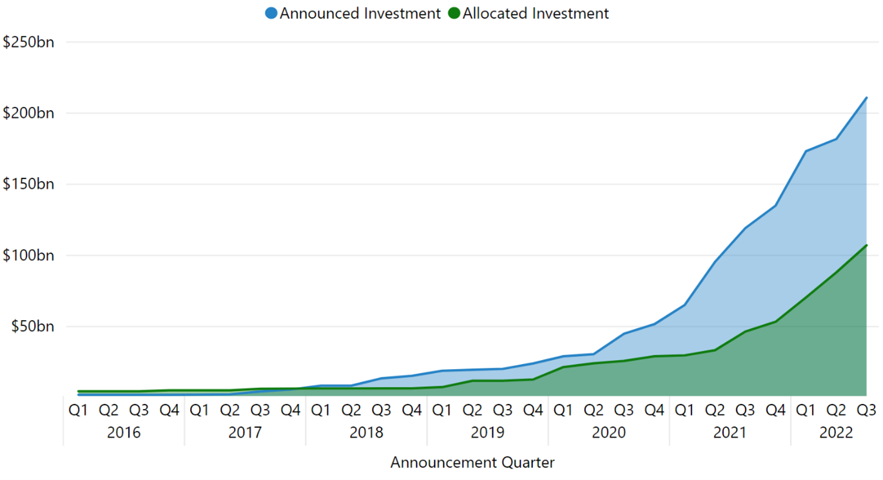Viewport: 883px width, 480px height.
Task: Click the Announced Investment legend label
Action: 360,13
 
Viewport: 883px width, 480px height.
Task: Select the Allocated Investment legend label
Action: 535,13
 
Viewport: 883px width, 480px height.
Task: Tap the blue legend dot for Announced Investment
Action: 271,13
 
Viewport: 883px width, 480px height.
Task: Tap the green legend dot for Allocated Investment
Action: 454,13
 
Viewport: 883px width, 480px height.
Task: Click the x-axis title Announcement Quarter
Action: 472,463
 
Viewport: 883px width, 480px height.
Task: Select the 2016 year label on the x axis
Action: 124,432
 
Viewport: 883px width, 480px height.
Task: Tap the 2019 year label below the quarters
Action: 488,432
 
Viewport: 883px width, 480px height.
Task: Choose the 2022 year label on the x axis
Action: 836,432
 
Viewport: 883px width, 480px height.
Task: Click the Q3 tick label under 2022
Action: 866,410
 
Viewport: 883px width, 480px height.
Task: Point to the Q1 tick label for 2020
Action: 563,410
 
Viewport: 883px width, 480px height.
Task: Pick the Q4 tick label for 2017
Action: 291,410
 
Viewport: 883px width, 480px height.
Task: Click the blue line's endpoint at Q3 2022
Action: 866,98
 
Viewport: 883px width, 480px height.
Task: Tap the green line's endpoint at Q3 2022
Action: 866,245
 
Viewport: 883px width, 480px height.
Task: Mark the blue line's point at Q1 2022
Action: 806,151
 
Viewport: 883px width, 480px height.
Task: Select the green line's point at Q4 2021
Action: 775,322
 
